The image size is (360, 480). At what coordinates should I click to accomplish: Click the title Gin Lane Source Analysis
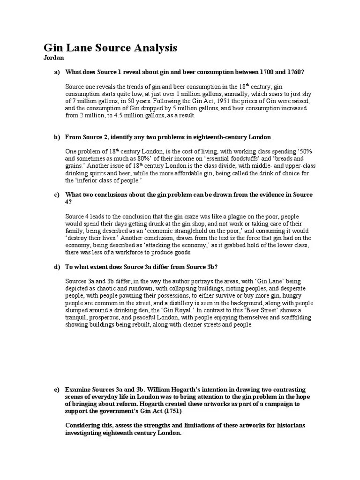(x=110, y=48)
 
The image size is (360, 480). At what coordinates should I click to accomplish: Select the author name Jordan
(x=53, y=58)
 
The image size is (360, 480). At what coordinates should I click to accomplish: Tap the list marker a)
(x=57, y=72)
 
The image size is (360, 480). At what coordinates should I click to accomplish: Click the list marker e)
(x=57, y=390)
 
